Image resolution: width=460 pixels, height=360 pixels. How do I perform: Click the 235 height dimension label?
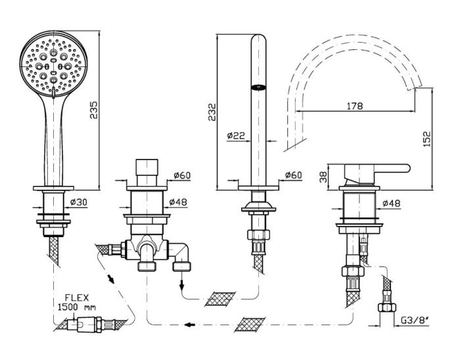point(94,110)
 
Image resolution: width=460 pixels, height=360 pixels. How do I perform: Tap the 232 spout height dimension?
point(212,112)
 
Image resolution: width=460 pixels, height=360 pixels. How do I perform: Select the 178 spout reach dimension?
point(355,106)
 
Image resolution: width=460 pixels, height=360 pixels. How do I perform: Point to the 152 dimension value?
point(427,139)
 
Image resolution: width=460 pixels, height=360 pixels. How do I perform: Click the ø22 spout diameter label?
point(236,135)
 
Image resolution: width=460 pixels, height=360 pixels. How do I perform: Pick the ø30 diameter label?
point(79,202)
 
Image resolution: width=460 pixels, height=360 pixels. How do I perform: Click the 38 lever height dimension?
point(323,177)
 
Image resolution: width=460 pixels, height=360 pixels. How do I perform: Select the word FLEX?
point(77,298)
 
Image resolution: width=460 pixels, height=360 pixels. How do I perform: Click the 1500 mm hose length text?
point(77,307)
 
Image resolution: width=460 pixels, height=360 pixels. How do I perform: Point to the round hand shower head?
point(54,64)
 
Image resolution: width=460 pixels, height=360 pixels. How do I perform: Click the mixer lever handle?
point(377,173)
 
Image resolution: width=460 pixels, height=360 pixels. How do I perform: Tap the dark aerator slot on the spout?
point(258,87)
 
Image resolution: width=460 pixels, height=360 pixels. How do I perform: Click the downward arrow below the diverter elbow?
point(182,283)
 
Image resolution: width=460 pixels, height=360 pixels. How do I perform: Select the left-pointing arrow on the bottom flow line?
point(190,325)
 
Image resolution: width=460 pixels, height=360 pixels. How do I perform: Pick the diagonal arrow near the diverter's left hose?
point(110,278)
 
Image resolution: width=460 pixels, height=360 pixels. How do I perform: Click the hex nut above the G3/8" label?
point(386,307)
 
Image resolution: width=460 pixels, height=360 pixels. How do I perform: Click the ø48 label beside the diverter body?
point(178,202)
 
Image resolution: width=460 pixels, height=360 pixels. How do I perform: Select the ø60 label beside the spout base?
point(293,175)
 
